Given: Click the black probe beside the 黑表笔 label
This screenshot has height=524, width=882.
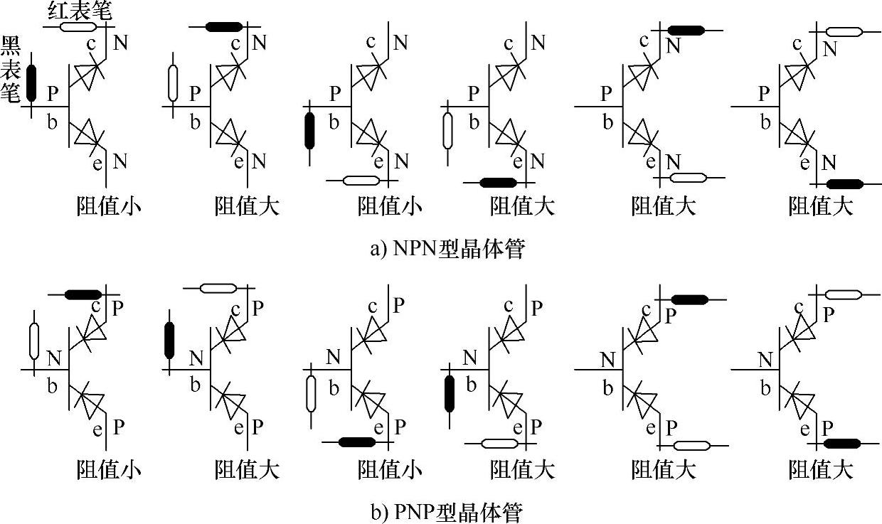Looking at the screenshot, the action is [31, 82].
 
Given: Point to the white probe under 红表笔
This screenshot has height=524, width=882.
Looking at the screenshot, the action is [78, 27].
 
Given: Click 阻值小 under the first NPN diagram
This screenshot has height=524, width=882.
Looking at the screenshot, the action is [108, 206].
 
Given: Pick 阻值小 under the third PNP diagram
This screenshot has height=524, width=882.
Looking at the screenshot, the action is [389, 469].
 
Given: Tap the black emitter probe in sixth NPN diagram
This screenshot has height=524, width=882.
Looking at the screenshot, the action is [845, 184].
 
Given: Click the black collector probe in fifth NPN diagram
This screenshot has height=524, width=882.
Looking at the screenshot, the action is [686, 31].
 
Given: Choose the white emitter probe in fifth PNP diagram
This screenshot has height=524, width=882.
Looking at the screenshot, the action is [691, 447].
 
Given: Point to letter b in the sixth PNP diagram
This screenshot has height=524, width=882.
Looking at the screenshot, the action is [765, 388].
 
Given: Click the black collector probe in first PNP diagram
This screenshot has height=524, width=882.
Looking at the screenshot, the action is [83, 294].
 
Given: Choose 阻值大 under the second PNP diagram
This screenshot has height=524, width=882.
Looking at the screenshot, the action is [247, 469].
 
